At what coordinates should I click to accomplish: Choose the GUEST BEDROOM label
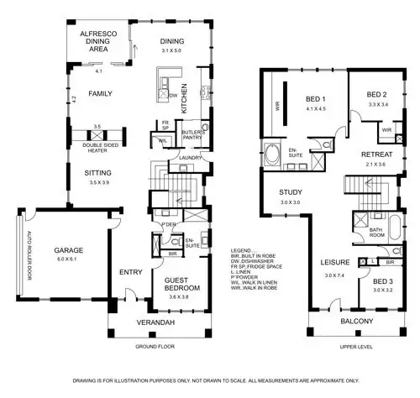click(181, 284)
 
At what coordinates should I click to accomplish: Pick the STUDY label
click(291, 193)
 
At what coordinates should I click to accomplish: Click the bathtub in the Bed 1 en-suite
click(275, 154)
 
